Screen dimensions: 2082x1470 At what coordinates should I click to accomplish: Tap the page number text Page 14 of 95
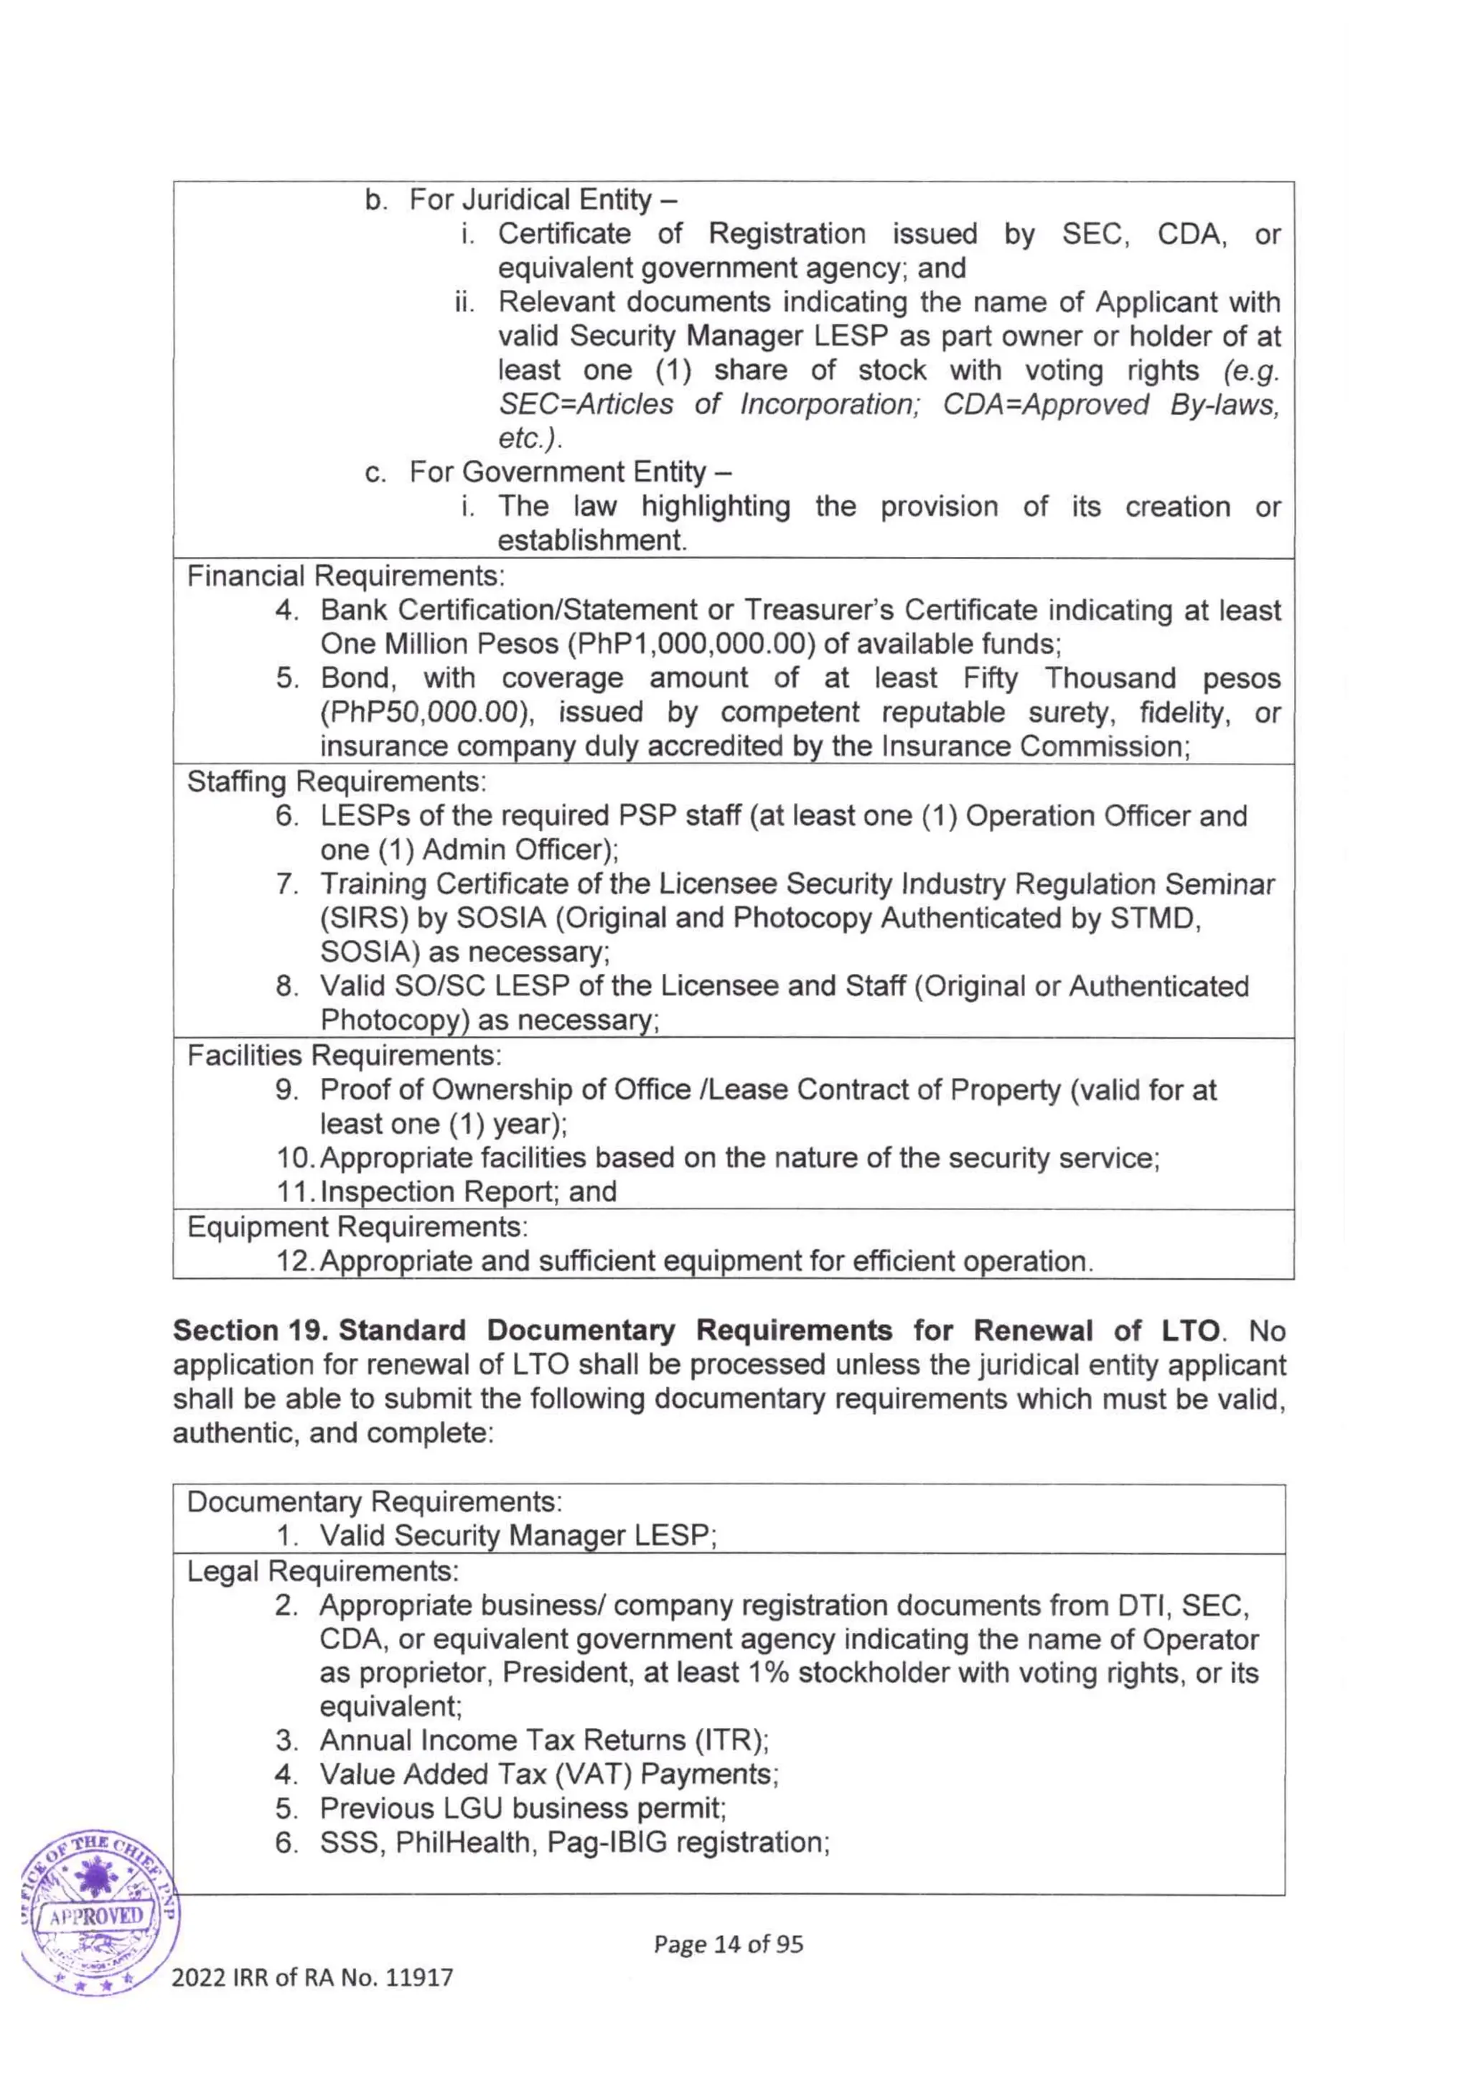pos(729,1943)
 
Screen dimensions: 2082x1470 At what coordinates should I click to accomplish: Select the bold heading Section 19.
pos(251,1331)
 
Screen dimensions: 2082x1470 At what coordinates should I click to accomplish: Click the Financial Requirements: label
pos(345,576)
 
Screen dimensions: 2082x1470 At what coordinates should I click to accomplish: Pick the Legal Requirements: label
pos(323,1570)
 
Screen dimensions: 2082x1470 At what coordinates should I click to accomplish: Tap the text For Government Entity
pos(557,472)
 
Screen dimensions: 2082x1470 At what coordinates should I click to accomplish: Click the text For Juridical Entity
pos(530,200)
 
